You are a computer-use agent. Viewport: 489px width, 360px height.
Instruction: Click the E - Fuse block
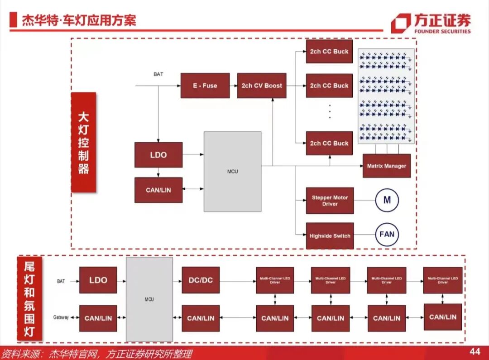coord(205,86)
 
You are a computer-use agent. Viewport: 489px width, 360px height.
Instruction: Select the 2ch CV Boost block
coord(262,86)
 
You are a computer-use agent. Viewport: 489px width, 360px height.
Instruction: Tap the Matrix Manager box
coord(386,166)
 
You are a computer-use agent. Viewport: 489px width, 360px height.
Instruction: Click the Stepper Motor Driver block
coord(330,201)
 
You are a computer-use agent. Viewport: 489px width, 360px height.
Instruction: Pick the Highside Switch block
coord(330,235)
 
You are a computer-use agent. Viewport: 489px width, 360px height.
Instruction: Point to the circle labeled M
coord(387,200)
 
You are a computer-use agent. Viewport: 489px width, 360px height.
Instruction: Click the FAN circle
coord(387,235)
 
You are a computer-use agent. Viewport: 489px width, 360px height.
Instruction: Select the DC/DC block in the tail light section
coord(201,280)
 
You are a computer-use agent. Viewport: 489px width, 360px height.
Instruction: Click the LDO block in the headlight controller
coord(158,155)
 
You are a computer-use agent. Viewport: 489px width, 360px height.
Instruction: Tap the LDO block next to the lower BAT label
coord(98,280)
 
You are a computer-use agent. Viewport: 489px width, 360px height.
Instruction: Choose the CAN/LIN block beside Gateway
coord(98,318)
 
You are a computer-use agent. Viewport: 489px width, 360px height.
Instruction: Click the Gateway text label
coord(61,317)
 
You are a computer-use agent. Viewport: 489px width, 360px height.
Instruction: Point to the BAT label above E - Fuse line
coord(158,74)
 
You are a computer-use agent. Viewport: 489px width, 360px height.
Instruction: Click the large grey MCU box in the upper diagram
coord(232,171)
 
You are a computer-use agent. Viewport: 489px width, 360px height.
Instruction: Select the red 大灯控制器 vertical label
coord(83,143)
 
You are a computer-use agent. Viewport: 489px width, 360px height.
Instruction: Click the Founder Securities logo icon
coord(401,24)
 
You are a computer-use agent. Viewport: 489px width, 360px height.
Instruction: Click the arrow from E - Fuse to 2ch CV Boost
coord(233,86)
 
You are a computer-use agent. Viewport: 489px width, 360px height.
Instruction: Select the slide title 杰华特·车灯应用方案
coord(79,20)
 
